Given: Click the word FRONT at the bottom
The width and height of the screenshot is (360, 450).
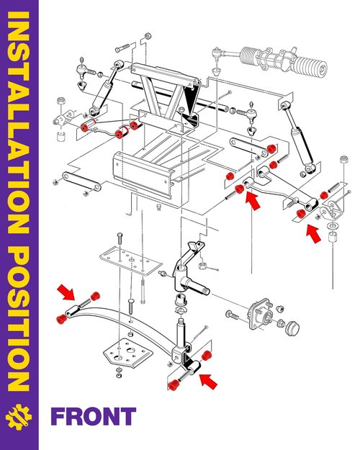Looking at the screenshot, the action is pyautogui.click(x=94, y=416).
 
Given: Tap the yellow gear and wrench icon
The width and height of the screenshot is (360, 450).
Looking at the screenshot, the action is pyautogui.click(x=19, y=417).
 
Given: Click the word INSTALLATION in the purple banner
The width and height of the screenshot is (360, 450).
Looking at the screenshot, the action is pyautogui.click(x=18, y=122).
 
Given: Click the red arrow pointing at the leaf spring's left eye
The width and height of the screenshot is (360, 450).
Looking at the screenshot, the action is pyautogui.click(x=66, y=292).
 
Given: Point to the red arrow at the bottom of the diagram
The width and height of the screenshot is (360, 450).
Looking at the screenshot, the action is pyautogui.click(x=208, y=382).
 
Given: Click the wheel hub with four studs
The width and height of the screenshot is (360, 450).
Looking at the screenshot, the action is pyautogui.click(x=261, y=315).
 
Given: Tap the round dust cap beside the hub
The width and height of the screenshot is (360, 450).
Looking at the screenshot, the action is pyautogui.click(x=293, y=328).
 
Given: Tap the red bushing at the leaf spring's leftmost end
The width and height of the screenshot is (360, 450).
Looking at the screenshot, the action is pyautogui.click(x=61, y=318).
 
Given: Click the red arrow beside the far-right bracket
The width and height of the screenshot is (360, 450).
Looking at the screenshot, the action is pyautogui.click(x=313, y=234).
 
